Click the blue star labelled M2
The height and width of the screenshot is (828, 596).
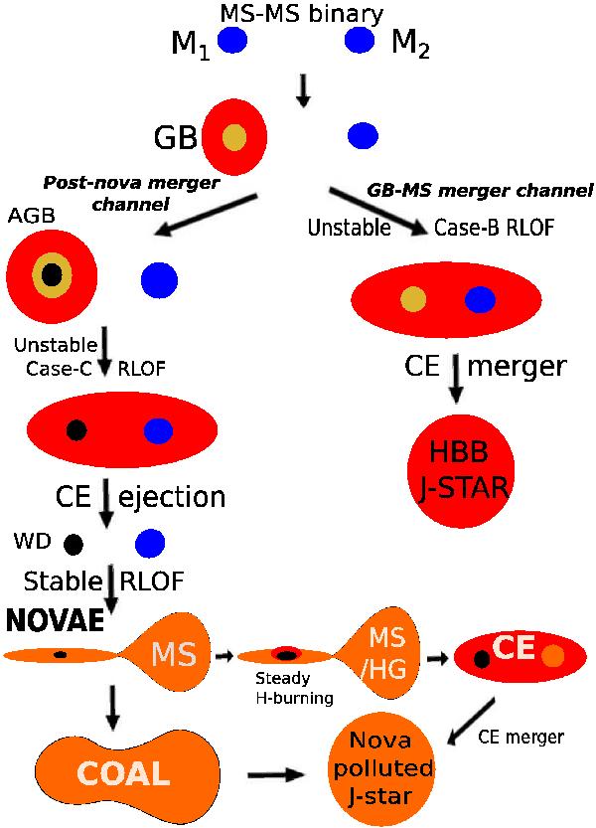[x=359, y=40]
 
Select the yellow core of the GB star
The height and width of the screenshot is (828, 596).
[x=234, y=136]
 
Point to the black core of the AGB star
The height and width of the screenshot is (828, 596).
[x=53, y=273]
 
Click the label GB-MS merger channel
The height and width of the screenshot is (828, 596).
[x=480, y=189]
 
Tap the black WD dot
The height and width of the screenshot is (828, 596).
[x=73, y=544]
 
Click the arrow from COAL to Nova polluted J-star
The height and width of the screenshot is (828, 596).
[x=280, y=771]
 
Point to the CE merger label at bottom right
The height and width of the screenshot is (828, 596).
[x=521, y=737]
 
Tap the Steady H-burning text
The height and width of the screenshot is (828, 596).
[x=288, y=689]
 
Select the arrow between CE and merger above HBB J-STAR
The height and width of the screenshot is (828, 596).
[x=456, y=380]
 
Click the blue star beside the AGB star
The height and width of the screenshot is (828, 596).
[x=160, y=279]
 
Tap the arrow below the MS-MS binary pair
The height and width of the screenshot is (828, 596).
[x=304, y=90]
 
